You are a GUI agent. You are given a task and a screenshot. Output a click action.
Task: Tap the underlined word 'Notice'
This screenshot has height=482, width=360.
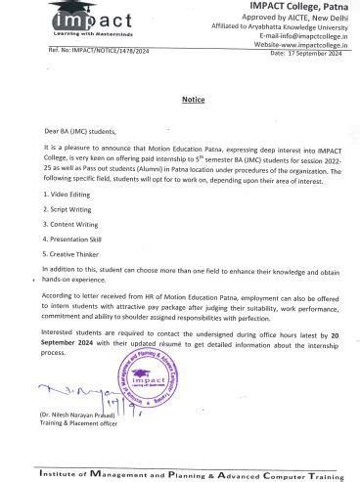click(193, 100)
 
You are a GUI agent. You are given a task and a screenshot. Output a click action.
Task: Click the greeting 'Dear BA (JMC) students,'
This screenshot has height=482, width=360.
click(78, 131)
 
